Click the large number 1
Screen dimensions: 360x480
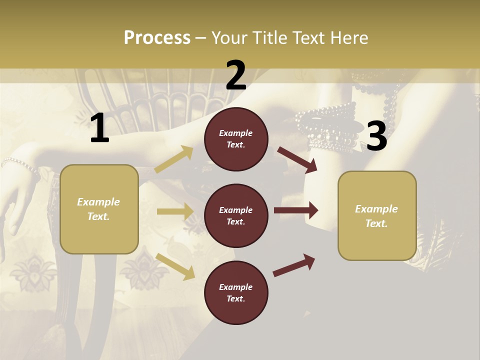(x=99, y=129)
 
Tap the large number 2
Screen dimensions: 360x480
(x=236, y=75)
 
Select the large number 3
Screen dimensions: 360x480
(x=376, y=136)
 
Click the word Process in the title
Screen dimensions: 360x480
(x=157, y=37)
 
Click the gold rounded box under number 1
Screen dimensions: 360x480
(x=99, y=209)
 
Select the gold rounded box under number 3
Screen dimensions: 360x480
(x=377, y=215)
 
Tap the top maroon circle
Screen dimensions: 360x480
(x=236, y=139)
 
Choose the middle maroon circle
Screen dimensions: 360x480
(x=236, y=215)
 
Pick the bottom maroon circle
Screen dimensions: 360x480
(x=236, y=292)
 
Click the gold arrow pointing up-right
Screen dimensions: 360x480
(x=174, y=159)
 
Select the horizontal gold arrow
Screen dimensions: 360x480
(x=175, y=211)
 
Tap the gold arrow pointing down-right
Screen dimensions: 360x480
(x=175, y=266)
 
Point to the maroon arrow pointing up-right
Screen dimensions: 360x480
(x=294, y=265)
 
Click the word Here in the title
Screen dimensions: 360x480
(x=348, y=37)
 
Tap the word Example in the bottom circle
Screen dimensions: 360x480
(x=236, y=287)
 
